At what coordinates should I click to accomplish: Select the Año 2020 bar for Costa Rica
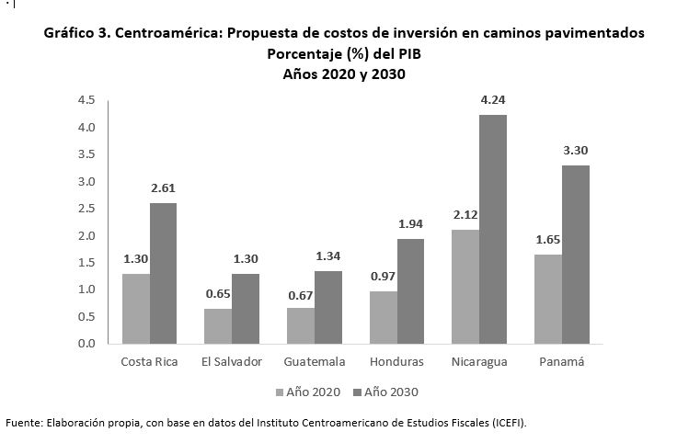(x=135, y=308)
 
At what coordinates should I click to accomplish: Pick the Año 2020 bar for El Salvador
(x=217, y=325)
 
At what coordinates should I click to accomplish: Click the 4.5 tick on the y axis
(x=86, y=99)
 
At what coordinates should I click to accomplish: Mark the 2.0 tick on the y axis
(x=86, y=235)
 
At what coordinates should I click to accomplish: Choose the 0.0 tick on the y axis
(x=86, y=344)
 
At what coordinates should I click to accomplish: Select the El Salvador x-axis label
(x=231, y=361)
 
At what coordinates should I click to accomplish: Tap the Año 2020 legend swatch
(x=281, y=392)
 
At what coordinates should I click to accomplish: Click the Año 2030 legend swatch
(x=357, y=392)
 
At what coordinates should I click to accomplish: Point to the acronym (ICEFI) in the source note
(x=507, y=423)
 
